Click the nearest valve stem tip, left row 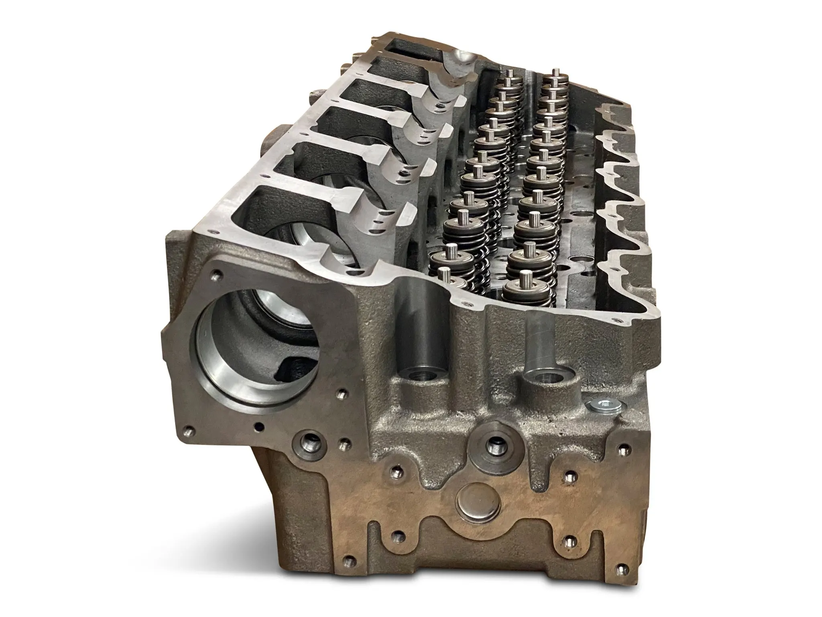(444, 274)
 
